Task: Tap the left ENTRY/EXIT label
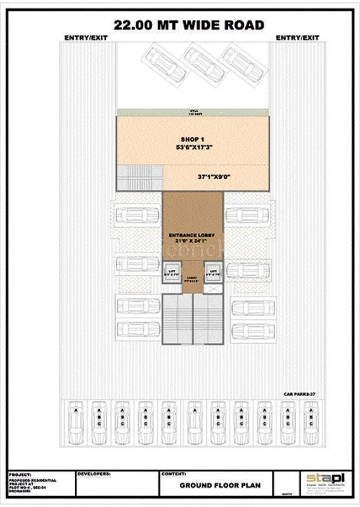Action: point(86,38)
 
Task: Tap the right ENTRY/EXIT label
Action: point(297,38)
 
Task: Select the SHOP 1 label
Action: point(193,139)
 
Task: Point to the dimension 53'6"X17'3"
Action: point(193,147)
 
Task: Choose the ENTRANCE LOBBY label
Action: point(193,236)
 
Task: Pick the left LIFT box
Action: point(171,274)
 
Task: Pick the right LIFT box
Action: point(214,274)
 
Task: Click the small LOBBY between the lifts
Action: point(193,279)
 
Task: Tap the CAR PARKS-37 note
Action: point(299,394)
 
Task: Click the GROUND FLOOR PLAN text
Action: point(215,486)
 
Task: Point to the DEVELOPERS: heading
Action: point(94,473)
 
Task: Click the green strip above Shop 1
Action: point(193,112)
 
